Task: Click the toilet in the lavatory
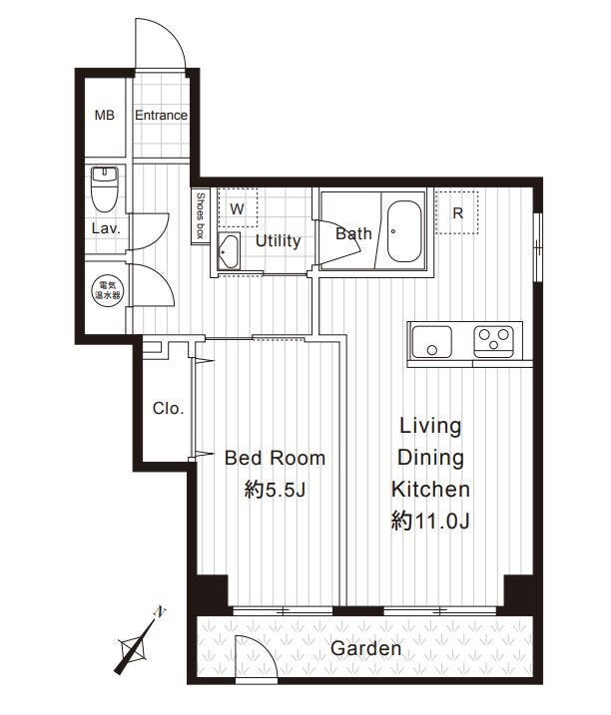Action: pyautogui.click(x=105, y=188)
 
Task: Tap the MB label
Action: pyautogui.click(x=105, y=116)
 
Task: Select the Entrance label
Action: pyautogui.click(x=161, y=116)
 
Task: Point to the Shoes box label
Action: pyautogui.click(x=200, y=216)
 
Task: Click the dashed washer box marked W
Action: pyautogui.click(x=238, y=208)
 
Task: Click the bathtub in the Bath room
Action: pyautogui.click(x=405, y=231)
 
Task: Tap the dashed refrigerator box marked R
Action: pyautogui.click(x=457, y=213)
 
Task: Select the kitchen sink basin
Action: pyautogui.click(x=431, y=342)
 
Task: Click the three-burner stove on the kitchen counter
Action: pyautogui.click(x=494, y=341)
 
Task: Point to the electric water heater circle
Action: pyautogui.click(x=107, y=290)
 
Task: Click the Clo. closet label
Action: pyautogui.click(x=168, y=408)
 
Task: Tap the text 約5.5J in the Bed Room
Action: pyautogui.click(x=275, y=491)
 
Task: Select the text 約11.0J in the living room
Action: pyautogui.click(x=430, y=522)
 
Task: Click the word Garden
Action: pyautogui.click(x=365, y=648)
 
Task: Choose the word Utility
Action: pyautogui.click(x=278, y=241)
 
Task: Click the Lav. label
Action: pyautogui.click(x=106, y=228)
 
